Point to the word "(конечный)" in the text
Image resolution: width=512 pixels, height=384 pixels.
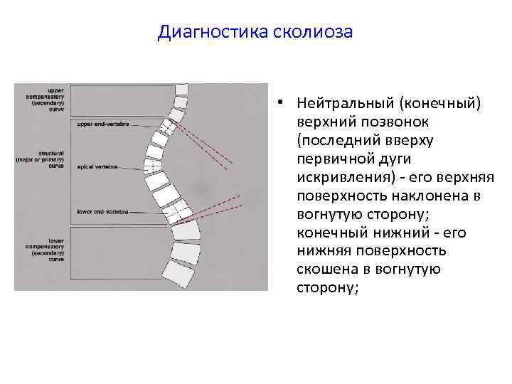(x=440, y=105)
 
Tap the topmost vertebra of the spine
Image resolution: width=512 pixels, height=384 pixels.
(x=181, y=90)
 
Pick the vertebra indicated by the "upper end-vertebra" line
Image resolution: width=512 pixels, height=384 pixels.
(x=168, y=127)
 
